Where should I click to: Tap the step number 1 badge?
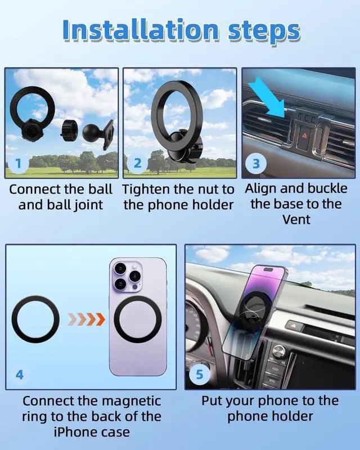point(19,164)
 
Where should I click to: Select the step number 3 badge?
point(255,164)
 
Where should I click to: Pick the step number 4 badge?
point(20,374)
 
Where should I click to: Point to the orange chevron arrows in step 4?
point(86,319)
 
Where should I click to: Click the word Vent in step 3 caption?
point(296,219)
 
